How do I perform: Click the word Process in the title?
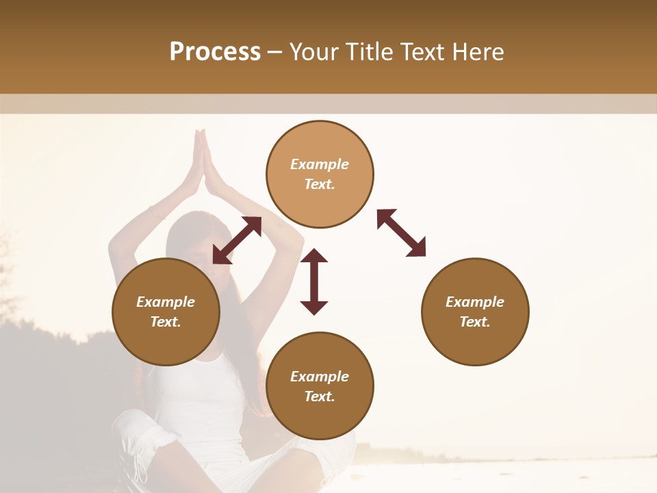point(215,52)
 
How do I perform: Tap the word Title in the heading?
point(370,52)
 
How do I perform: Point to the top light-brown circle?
point(320,174)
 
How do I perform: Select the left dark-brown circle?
point(166,312)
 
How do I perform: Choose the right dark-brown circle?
point(475,312)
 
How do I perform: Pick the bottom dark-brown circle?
point(320,386)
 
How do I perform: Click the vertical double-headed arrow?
point(314,281)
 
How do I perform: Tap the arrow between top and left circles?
point(237,240)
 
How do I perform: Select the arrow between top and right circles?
point(401,233)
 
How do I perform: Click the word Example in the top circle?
point(320,164)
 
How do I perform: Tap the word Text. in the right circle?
point(474,322)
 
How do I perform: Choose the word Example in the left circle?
point(166,302)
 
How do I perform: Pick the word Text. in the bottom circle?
point(319,396)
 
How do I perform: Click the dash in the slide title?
point(275,52)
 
